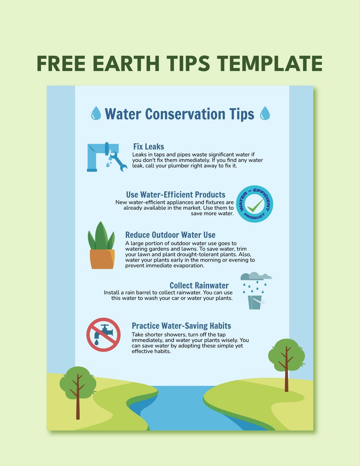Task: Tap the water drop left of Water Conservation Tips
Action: click(x=96, y=113)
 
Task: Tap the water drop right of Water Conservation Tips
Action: click(x=265, y=113)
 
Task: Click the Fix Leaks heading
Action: click(x=148, y=146)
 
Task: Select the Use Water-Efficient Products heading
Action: click(x=175, y=195)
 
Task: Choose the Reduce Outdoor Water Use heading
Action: click(x=170, y=235)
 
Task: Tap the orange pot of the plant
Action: click(x=102, y=259)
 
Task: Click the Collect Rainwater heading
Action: click(x=199, y=285)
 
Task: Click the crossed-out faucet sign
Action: click(x=103, y=334)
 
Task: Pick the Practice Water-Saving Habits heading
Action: click(x=181, y=326)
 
